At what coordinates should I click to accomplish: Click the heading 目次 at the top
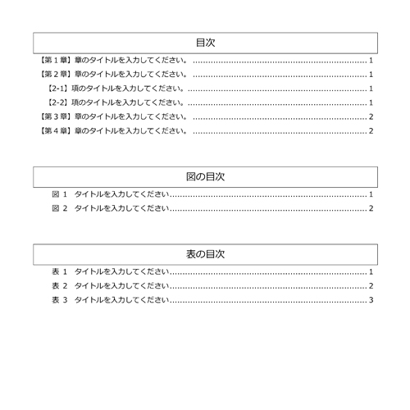click(x=205, y=42)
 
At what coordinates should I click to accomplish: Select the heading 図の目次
click(x=205, y=176)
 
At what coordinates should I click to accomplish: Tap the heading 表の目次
click(x=205, y=254)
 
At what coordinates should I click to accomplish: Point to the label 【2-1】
click(x=59, y=89)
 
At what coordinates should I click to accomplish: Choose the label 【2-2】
click(x=59, y=102)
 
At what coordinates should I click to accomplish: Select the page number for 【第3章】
click(x=371, y=116)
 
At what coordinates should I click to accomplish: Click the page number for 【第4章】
click(x=371, y=130)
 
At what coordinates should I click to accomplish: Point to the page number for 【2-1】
click(x=371, y=89)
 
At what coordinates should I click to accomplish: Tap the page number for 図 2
click(x=371, y=208)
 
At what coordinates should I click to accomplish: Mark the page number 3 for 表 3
click(x=371, y=299)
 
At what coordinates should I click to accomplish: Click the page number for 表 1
click(x=371, y=271)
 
